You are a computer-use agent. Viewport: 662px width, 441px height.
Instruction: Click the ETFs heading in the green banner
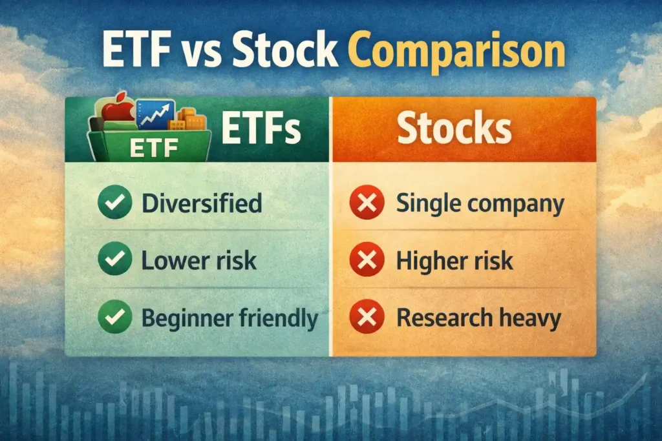click(x=261, y=128)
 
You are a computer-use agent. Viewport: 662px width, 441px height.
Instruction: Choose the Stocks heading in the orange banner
click(x=454, y=128)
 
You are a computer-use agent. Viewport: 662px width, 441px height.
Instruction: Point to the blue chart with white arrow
click(x=155, y=114)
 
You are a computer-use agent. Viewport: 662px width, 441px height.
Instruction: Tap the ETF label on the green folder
click(x=154, y=148)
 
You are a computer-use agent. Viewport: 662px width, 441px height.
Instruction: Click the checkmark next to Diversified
click(x=115, y=202)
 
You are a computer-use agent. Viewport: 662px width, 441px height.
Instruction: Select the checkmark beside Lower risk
click(x=115, y=259)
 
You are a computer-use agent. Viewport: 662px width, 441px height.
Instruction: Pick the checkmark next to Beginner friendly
click(x=115, y=316)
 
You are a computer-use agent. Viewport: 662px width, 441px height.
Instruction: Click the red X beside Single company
click(x=367, y=202)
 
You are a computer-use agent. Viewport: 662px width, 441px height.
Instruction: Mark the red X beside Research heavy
click(x=367, y=316)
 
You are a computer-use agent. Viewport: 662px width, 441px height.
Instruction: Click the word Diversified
click(x=202, y=203)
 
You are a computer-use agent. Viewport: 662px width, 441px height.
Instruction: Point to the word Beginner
click(x=187, y=319)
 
